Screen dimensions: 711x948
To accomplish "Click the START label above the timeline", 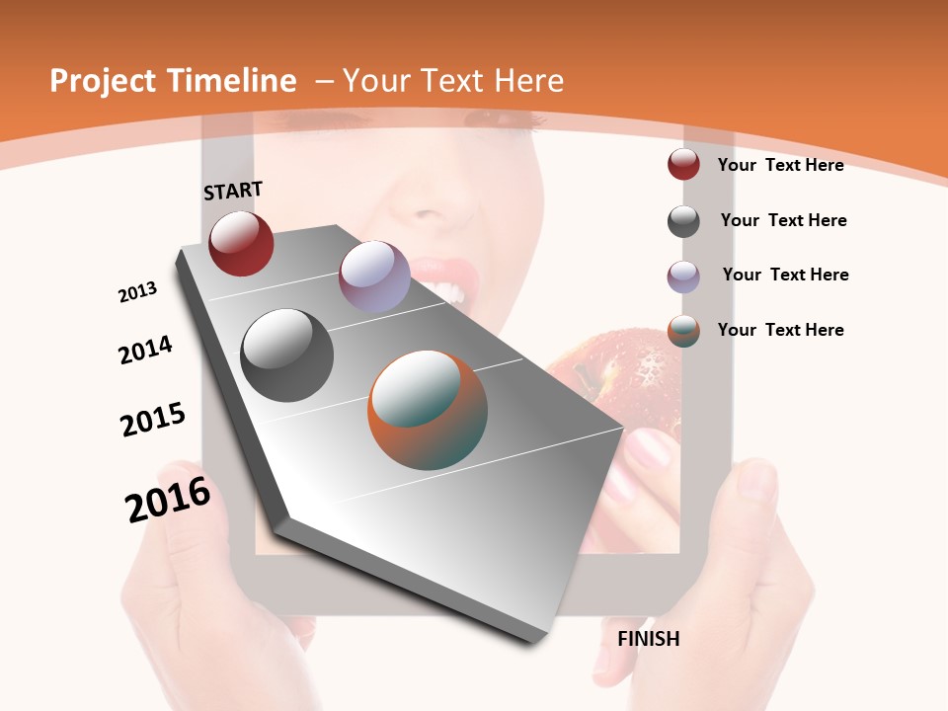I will (233, 191).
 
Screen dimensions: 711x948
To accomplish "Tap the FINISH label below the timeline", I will (649, 639).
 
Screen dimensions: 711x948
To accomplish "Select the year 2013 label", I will (137, 292).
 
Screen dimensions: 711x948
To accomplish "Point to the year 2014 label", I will (145, 350).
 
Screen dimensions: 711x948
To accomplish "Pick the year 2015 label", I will (153, 420).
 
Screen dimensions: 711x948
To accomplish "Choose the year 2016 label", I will (168, 500).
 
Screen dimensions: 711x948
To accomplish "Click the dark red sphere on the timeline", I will (241, 244).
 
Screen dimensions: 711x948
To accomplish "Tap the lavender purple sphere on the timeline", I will (374, 276).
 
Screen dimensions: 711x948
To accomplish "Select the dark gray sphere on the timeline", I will (286, 355).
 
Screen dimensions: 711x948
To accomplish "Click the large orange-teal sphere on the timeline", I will (428, 410).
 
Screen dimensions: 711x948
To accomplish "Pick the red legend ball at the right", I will (683, 165).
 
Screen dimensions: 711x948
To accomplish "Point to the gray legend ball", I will (683, 221).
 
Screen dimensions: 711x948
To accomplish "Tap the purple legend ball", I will (683, 276).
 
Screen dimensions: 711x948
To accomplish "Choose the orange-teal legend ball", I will (683, 331).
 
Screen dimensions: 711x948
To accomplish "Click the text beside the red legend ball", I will (781, 165).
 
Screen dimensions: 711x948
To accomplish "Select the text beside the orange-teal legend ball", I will (781, 330).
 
